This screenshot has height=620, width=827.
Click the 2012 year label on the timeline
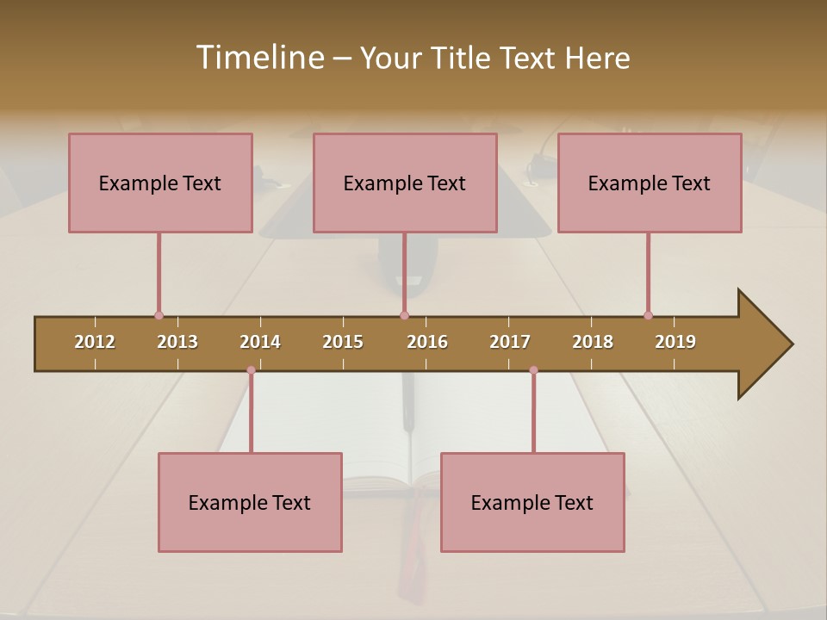(x=95, y=342)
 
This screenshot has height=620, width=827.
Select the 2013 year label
(x=177, y=342)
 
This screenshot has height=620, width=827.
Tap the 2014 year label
(x=260, y=342)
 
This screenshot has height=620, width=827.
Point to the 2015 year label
(x=343, y=342)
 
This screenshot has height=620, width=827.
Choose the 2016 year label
(x=427, y=342)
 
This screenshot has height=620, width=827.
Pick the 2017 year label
(x=510, y=342)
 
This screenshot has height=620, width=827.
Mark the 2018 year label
(x=593, y=342)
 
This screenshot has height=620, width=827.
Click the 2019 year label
(x=675, y=342)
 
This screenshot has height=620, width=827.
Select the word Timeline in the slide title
(x=259, y=58)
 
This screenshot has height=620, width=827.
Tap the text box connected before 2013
(x=160, y=183)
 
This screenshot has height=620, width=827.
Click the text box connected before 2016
(x=405, y=183)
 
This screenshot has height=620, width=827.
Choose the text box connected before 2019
(x=650, y=183)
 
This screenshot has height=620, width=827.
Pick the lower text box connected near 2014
(x=250, y=502)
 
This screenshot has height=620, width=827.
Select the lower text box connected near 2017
(x=532, y=502)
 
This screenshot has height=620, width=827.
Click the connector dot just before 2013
(x=159, y=315)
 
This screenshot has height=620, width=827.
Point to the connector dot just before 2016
(x=404, y=315)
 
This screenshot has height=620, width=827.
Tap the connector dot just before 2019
(x=648, y=315)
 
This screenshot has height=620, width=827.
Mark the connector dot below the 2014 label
(x=251, y=370)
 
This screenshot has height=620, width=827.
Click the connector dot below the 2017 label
(x=533, y=370)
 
